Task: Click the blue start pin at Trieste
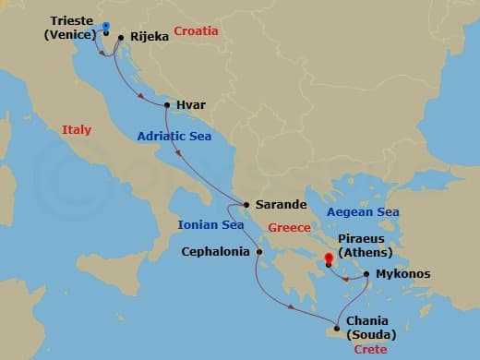pos(105,28)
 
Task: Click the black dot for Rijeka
pos(121,38)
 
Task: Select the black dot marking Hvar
pos(167,105)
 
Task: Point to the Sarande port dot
pos(246,205)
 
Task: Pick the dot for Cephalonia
pos(260,250)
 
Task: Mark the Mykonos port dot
pos(367,274)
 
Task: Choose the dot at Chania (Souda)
pos(338,329)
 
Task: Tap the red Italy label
pos(77,130)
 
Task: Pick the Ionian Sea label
pos(211,224)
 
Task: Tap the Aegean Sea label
pos(362,212)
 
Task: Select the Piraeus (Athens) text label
pos(366,245)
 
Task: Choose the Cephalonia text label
pos(215,250)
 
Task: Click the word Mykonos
pos(402,274)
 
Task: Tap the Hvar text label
pos(190,105)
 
